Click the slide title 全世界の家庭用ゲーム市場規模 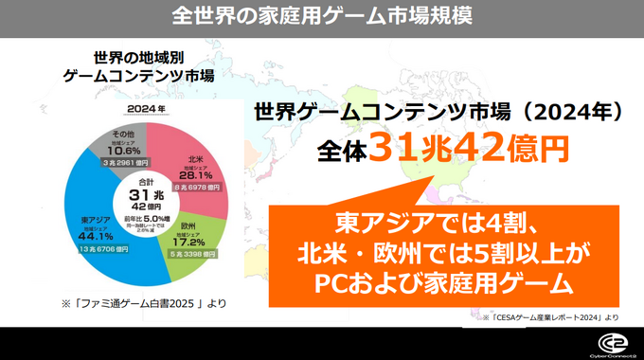(323, 16)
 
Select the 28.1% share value (197, 175)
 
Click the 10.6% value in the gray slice (124, 150)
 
